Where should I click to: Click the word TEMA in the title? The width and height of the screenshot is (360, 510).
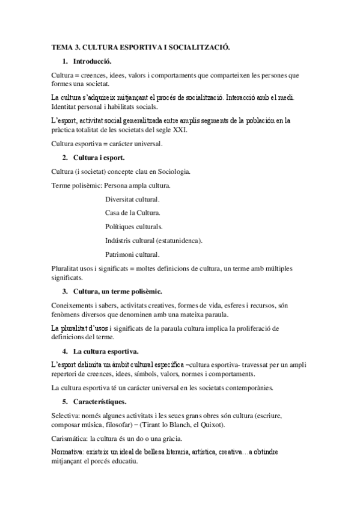click(x=61, y=46)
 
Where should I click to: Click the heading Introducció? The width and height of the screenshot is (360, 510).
click(x=91, y=61)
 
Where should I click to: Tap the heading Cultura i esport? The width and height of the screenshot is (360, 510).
click(x=99, y=158)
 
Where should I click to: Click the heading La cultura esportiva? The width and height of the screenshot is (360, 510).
click(x=106, y=351)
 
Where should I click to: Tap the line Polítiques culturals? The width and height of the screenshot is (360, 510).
click(x=134, y=227)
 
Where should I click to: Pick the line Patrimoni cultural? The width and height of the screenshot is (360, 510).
click(x=132, y=254)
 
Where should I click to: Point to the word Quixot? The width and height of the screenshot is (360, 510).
click(x=196, y=426)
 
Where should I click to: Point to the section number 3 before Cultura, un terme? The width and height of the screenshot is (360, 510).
click(x=64, y=292)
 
